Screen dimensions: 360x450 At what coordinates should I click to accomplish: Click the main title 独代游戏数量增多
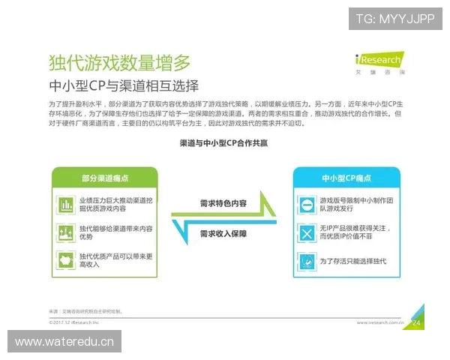coord(119,62)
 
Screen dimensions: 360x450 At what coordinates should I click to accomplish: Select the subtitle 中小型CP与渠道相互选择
coord(128,85)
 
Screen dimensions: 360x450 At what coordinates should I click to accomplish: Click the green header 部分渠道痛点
coord(104,178)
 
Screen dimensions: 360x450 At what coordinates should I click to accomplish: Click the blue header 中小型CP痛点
coord(346,178)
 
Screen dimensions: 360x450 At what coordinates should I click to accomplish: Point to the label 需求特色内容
coord(223,203)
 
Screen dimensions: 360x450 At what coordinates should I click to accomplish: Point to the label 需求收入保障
coord(223,234)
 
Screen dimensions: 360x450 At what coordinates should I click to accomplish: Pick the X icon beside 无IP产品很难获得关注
coord(306,233)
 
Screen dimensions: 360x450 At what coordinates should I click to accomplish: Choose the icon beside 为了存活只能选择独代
coord(306,261)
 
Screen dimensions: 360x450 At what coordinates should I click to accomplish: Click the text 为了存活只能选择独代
coord(352,261)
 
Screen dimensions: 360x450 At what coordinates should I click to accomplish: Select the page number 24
coord(417,322)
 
